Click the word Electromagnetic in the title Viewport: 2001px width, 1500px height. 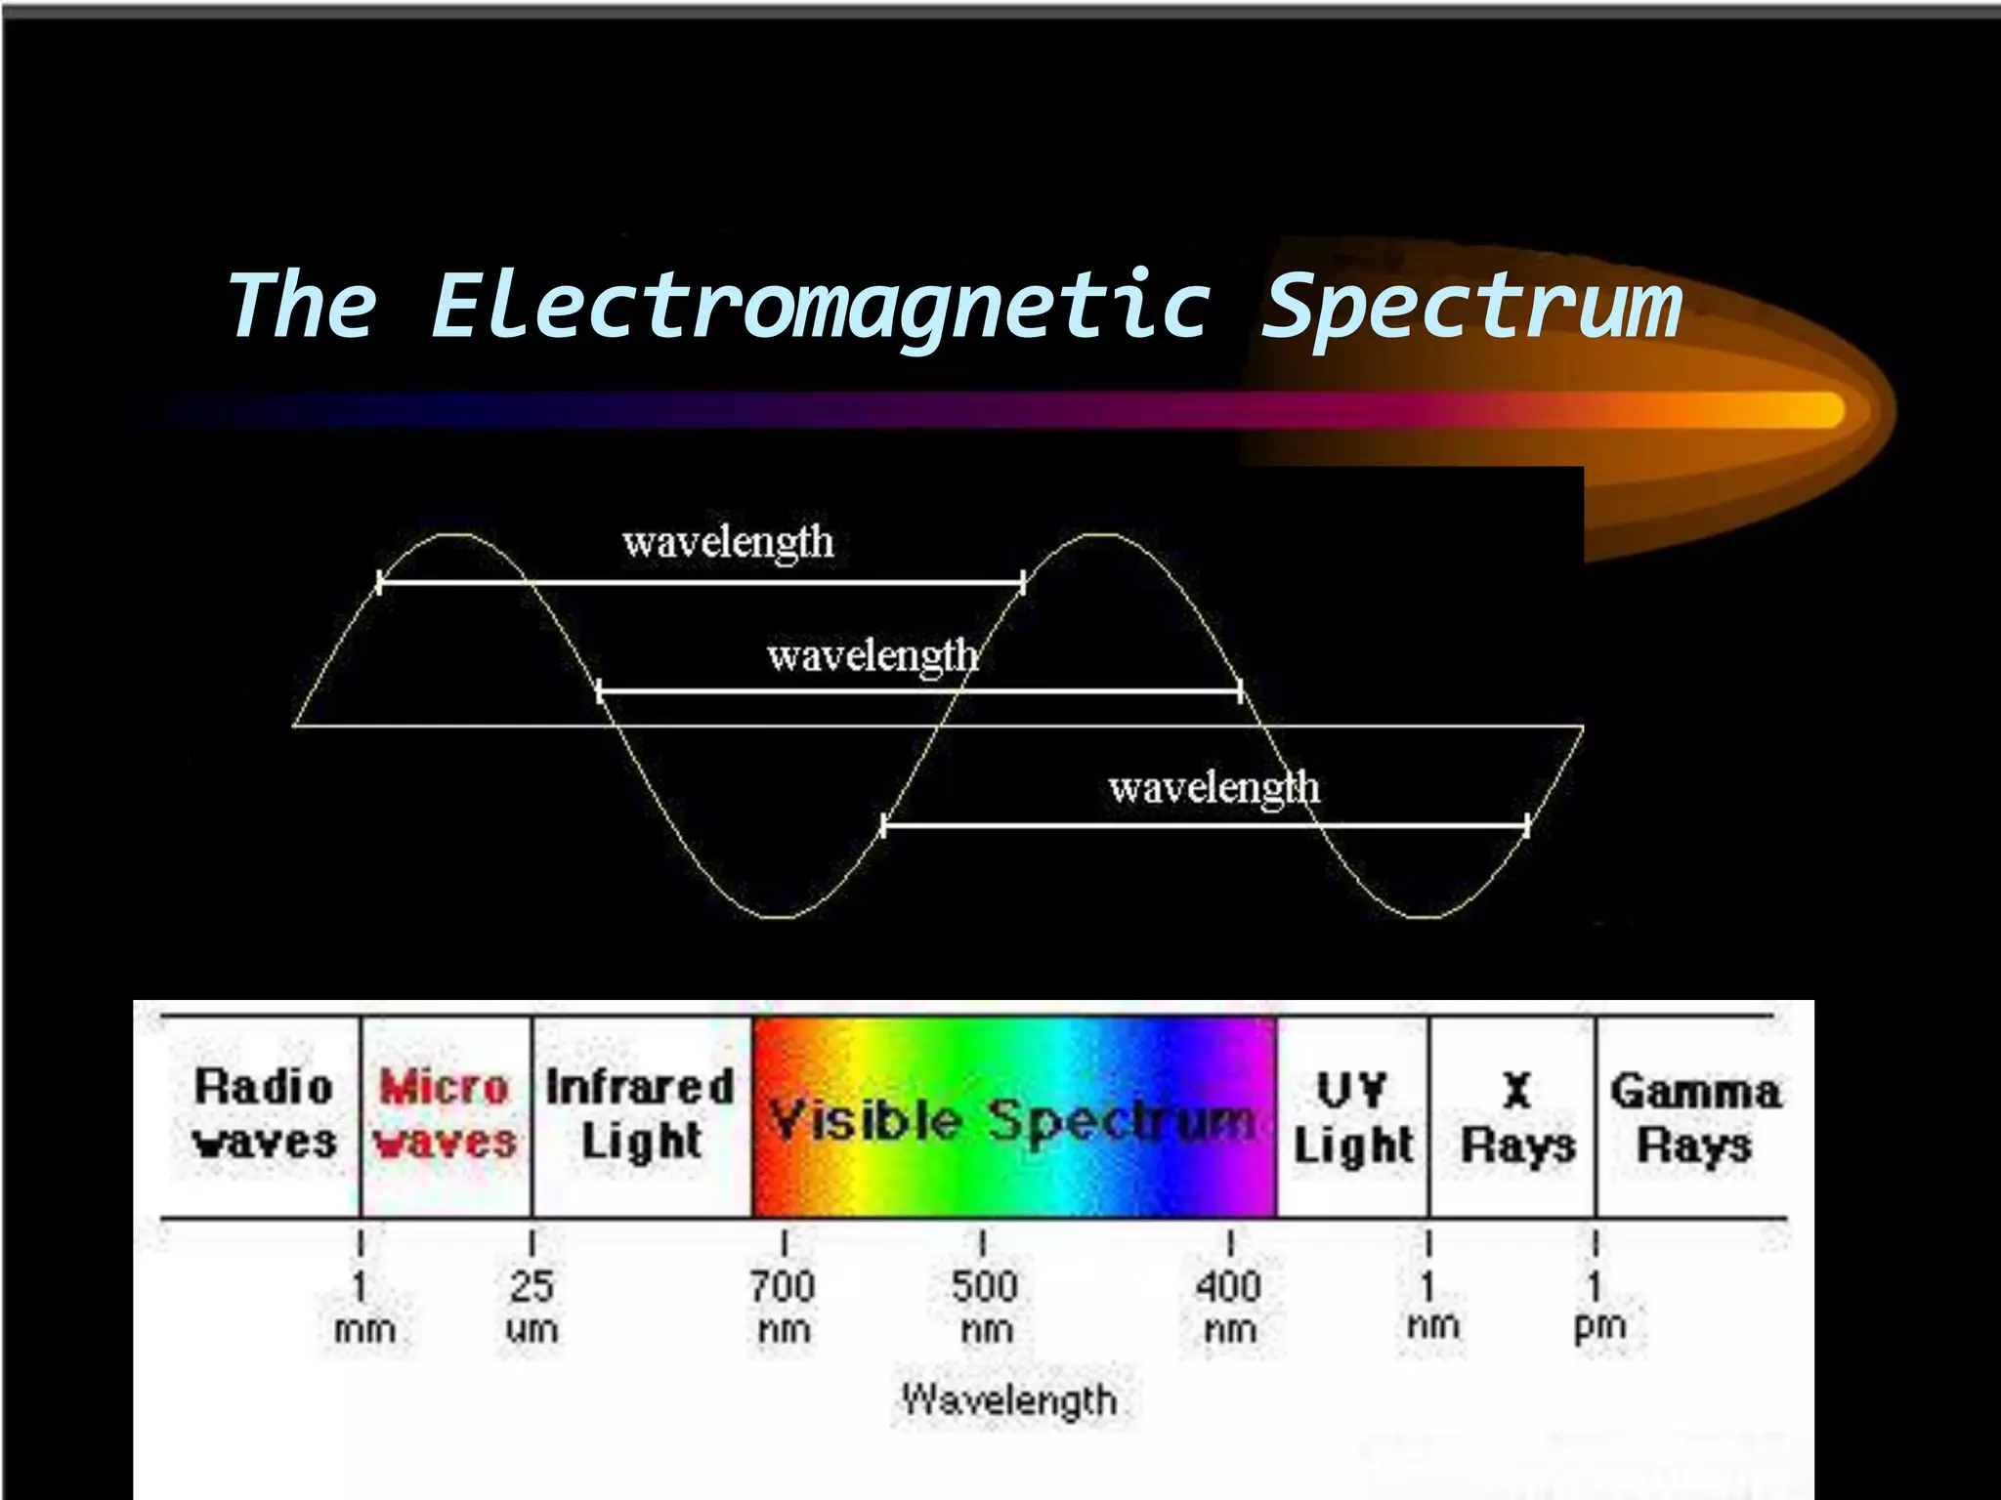click(821, 306)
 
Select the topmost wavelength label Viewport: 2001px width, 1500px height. click(728, 542)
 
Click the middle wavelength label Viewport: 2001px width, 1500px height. click(873, 655)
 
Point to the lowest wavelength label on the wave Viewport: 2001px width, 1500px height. click(1213, 787)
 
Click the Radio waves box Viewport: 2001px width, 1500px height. click(264, 1114)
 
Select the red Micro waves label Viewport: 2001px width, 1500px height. click(445, 1114)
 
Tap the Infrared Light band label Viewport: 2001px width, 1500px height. click(641, 1114)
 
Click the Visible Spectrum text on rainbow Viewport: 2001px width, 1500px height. click(1012, 1120)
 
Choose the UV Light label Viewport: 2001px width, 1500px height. click(1353, 1118)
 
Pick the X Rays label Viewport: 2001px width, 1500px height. click(1517, 1118)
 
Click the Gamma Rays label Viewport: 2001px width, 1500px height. click(1695, 1118)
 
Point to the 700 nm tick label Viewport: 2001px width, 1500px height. click(783, 1306)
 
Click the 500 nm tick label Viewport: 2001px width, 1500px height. click(985, 1306)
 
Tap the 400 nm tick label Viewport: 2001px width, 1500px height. click(1229, 1306)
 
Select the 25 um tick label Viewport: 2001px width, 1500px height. click(532, 1306)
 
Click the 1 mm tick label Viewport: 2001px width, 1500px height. click(363, 1306)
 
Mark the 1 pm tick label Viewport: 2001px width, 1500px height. click(1598, 1306)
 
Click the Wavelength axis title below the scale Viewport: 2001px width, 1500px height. click(1009, 1399)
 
